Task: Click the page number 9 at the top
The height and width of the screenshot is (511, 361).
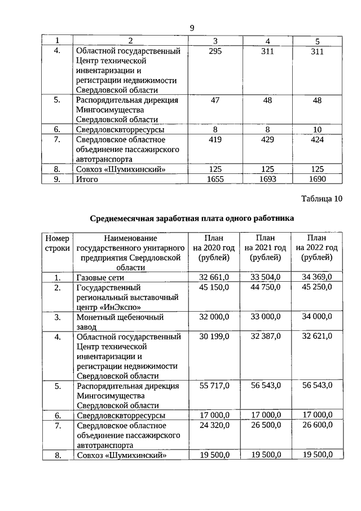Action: (x=192, y=28)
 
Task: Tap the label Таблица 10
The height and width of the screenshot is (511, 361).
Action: (x=322, y=199)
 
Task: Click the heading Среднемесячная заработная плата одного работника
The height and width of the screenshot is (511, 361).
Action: (x=192, y=218)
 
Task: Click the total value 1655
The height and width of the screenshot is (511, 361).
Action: (x=215, y=179)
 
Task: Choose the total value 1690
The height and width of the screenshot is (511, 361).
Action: (x=317, y=179)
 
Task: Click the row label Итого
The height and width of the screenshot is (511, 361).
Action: (x=87, y=179)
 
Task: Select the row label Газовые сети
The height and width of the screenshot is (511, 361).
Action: (x=100, y=277)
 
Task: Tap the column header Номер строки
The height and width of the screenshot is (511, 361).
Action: (x=57, y=243)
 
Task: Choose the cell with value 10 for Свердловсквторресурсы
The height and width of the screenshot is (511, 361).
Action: (x=317, y=129)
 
